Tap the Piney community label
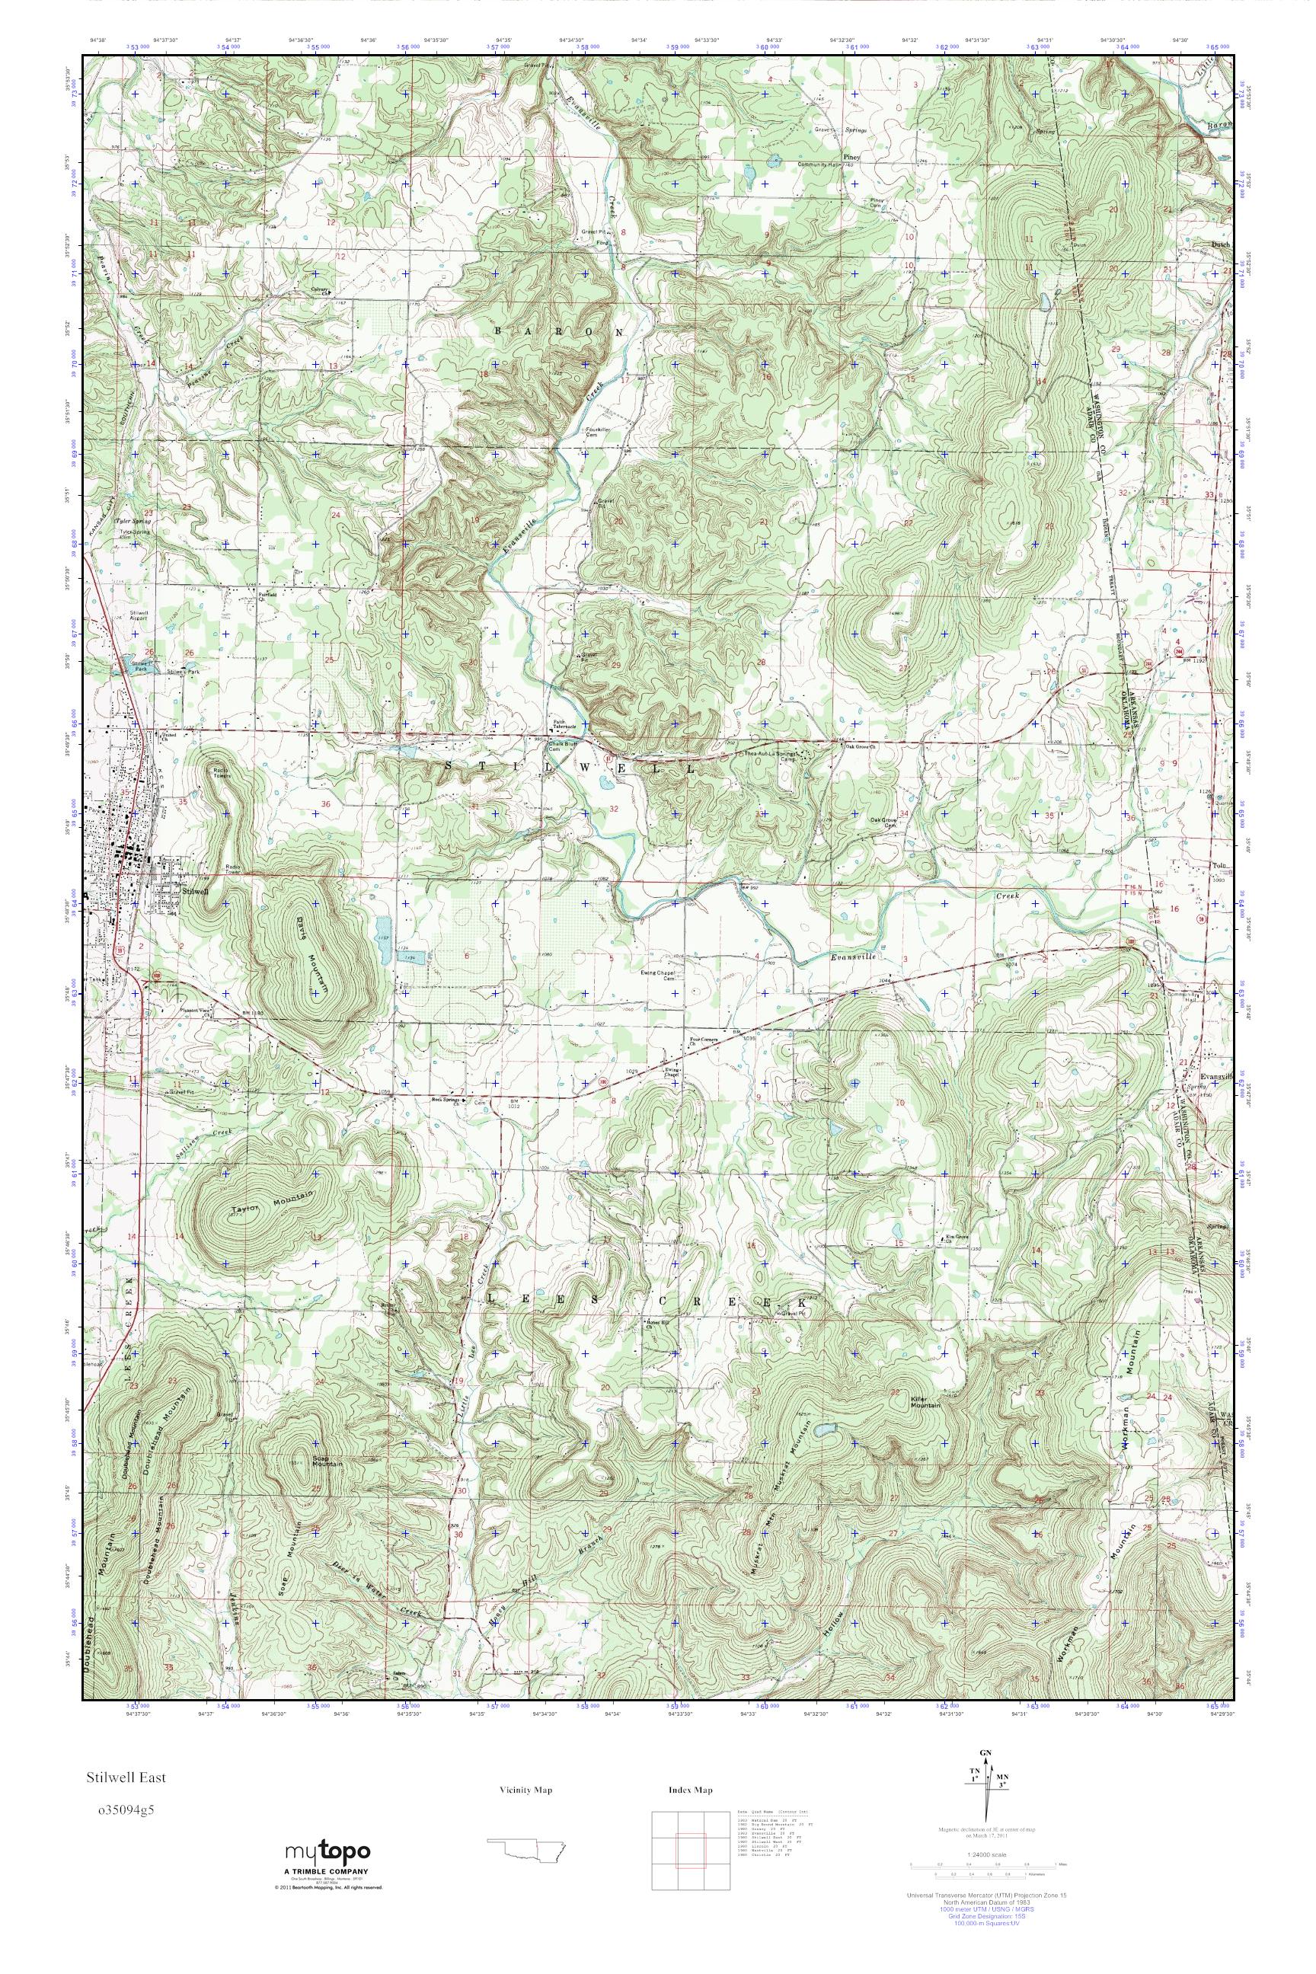(854, 156)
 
